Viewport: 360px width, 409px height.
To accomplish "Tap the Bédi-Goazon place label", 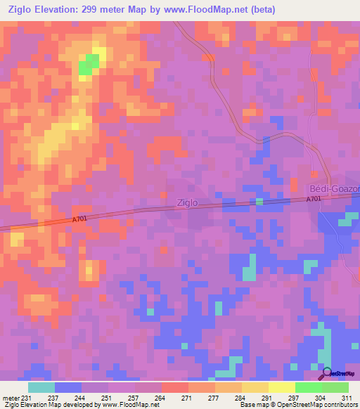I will tap(335, 190).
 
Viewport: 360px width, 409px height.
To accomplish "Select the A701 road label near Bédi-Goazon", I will tap(314, 200).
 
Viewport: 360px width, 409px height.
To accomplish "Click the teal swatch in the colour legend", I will tap(41, 387).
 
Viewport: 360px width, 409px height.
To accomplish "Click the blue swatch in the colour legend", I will tap(68, 387).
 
